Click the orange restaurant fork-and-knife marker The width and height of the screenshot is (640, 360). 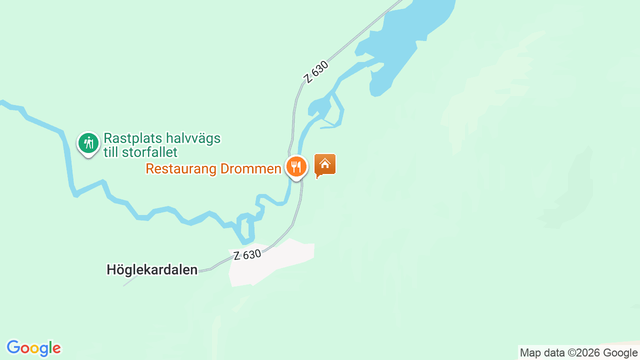click(x=296, y=166)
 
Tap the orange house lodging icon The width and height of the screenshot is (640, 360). click(x=325, y=164)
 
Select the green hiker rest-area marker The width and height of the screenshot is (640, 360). click(x=88, y=143)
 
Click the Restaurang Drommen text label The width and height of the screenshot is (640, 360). click(x=213, y=169)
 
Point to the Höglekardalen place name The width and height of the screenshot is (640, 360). click(x=152, y=270)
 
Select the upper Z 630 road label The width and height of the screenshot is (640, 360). click(x=316, y=72)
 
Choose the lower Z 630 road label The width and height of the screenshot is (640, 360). click(x=247, y=255)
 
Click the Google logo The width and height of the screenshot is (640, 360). click(x=34, y=348)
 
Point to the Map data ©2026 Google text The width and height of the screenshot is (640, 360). click(x=578, y=353)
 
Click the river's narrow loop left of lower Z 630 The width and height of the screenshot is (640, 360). click(x=245, y=227)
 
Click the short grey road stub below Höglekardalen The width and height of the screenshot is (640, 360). click(x=130, y=281)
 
